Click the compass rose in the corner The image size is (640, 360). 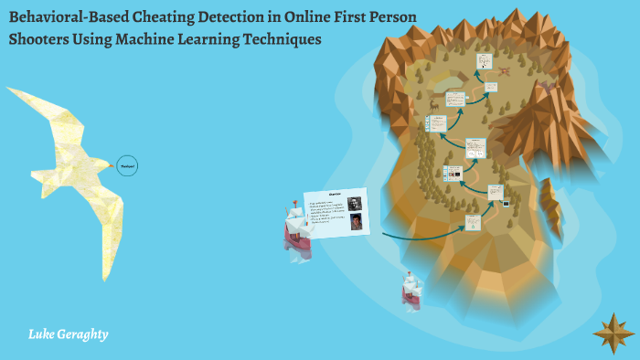[x=613, y=333]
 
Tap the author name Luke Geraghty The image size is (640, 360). [x=69, y=334]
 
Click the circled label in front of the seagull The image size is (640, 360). [x=127, y=166]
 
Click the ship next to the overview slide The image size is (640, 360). [x=297, y=228]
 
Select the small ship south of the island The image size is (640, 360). [x=411, y=290]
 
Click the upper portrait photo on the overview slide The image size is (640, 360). [x=355, y=203]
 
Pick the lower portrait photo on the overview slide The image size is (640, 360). [x=356, y=220]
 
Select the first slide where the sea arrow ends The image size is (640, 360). [x=473, y=222]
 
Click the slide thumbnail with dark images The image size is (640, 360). [x=452, y=173]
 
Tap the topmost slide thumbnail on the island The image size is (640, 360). [x=485, y=61]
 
